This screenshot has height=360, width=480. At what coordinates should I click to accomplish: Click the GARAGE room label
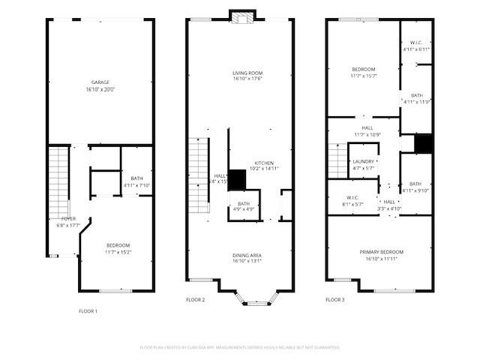point(100,82)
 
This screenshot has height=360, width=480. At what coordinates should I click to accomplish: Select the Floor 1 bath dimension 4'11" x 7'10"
point(136,185)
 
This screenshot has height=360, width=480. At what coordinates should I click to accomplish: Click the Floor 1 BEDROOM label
point(118,245)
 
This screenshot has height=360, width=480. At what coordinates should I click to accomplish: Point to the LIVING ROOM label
point(247,73)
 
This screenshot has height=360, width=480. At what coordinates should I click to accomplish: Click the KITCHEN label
point(265,163)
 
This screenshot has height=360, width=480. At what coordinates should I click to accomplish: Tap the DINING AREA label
point(247,255)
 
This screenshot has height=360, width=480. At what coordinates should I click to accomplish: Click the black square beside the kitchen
point(237,179)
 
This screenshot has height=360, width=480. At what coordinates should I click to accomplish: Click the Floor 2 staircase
point(197,174)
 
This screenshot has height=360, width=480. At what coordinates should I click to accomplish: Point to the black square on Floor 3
point(424,142)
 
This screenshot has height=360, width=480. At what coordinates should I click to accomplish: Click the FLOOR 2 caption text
point(195,300)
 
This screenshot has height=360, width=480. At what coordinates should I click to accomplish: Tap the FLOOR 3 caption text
point(335,300)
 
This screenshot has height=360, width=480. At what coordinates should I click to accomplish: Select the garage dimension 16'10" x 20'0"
point(100,89)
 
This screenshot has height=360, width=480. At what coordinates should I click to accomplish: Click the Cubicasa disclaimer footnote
point(240,347)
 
